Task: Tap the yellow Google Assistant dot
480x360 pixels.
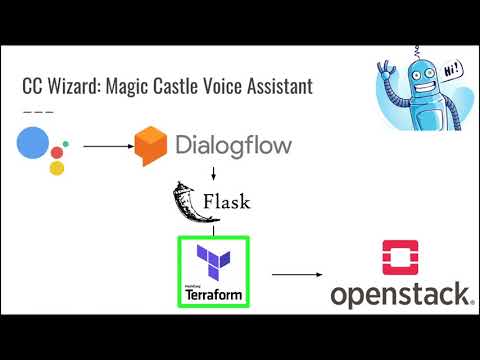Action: (57, 168)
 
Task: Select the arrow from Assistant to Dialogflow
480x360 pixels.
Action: (107, 146)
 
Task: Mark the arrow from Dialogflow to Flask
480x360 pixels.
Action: (214, 169)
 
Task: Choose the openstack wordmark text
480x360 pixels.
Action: (401, 295)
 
